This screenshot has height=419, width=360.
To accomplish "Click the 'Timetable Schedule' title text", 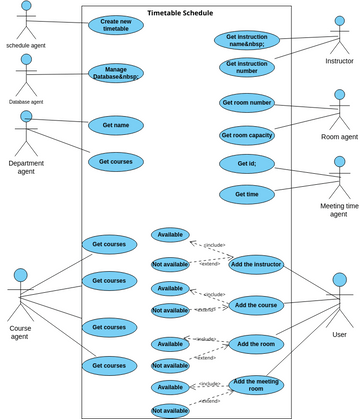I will pos(180,13).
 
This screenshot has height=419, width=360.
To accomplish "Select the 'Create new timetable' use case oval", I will pos(116,25).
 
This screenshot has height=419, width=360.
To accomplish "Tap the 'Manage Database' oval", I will pos(116,74).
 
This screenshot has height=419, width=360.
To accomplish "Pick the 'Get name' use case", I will pos(116,125).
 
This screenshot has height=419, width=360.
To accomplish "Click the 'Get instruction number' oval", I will pos(246,67).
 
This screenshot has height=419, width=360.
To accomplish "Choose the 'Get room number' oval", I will pos(246,103).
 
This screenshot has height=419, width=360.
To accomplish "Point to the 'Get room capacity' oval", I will pos(246,135).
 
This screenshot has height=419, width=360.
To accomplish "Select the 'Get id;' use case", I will pos(246,164).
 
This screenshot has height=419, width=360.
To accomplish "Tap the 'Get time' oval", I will pos(246,194).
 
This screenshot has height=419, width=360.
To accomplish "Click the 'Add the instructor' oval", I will pos(256,264).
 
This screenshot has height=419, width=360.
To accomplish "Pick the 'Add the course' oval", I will pos(256,305).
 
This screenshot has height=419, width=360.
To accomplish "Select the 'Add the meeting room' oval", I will pos(256,385).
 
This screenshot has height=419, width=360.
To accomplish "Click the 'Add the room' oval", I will pos(256,344).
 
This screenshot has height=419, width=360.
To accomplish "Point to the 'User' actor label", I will pos(339,334).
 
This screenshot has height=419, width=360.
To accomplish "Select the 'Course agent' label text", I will pos(20,333).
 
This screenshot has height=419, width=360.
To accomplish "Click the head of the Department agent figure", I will pos(26,116).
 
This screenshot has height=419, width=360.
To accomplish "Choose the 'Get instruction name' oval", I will pos(246,39).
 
